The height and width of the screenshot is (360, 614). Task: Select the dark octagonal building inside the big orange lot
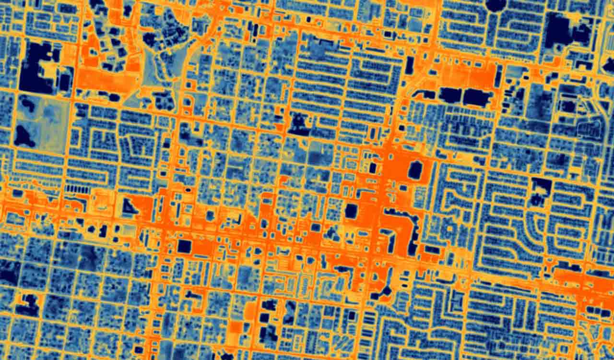point(415,170)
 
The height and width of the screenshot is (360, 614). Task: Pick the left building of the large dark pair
point(450,95)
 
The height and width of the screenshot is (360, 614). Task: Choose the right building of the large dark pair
point(476,98)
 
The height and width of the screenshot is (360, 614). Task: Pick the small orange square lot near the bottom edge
point(236,327)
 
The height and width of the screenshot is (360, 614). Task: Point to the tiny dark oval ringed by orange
point(188,191)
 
